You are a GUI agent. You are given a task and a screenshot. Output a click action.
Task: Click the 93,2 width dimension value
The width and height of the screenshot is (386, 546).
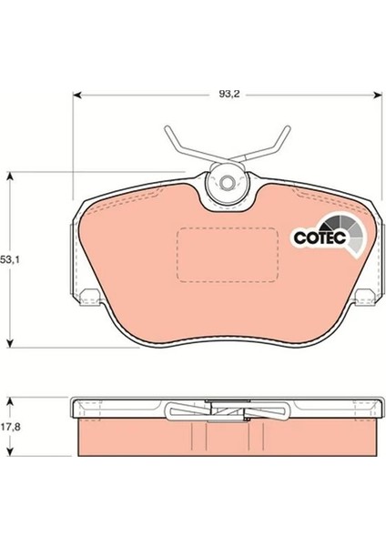pyautogui.click(x=229, y=94)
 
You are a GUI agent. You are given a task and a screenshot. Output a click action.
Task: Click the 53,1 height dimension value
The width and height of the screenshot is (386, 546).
pyautogui.click(x=10, y=259)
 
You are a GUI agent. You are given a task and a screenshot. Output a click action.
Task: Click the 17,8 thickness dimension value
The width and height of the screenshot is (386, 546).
pyautogui.click(x=10, y=427)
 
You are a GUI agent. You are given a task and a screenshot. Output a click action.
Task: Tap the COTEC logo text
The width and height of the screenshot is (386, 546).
pyautogui.click(x=320, y=238)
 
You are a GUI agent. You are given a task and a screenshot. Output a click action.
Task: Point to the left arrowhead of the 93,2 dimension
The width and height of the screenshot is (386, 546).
pyautogui.click(x=77, y=95)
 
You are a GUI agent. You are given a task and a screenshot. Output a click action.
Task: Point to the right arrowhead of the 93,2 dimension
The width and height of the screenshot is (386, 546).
pyautogui.click(x=377, y=95)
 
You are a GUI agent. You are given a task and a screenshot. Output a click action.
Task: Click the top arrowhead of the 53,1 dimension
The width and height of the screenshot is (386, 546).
pyautogui.click(x=10, y=176)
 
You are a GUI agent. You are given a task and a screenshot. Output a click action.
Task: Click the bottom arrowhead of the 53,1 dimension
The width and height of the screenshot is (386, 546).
pyautogui.click(x=10, y=343)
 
